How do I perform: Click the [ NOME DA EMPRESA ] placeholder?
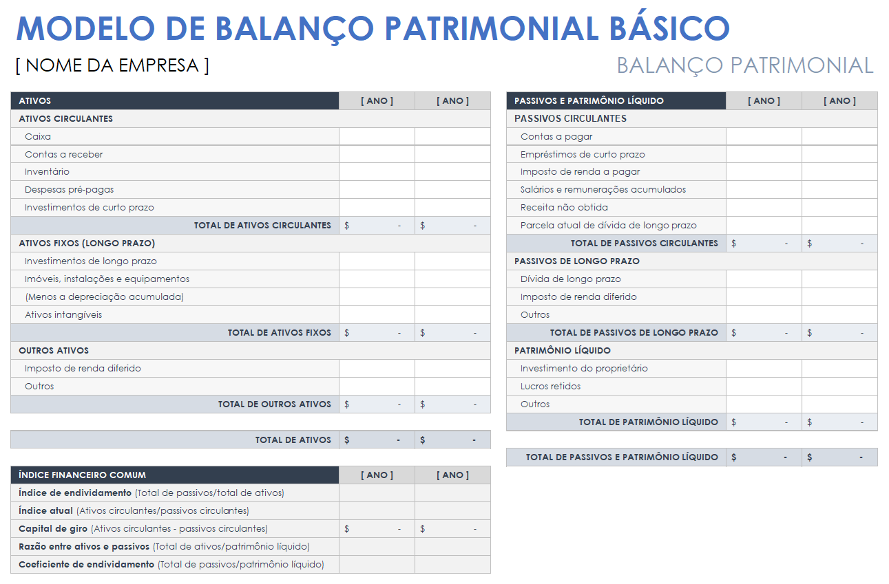[112, 65]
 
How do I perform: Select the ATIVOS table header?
[35, 101]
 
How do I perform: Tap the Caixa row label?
[38, 137]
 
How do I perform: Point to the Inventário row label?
[47, 172]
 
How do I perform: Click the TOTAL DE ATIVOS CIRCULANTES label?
[262, 226]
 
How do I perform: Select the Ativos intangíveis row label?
[63, 315]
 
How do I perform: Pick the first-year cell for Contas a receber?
[377, 155]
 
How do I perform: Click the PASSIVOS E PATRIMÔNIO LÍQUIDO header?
[589, 101]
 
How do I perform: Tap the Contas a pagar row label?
[556, 137]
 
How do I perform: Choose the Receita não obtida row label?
[564, 208]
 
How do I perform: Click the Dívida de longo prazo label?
[570, 279]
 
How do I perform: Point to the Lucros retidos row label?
[550, 387]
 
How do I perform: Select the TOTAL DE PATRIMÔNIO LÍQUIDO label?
[648, 422]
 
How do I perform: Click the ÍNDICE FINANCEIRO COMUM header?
[82, 475]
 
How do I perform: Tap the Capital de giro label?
[53, 529]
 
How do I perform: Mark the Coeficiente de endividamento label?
[86, 565]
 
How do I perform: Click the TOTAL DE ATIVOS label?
[293, 440]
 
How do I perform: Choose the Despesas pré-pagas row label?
[69, 190]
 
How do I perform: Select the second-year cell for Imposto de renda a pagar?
[839, 172]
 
